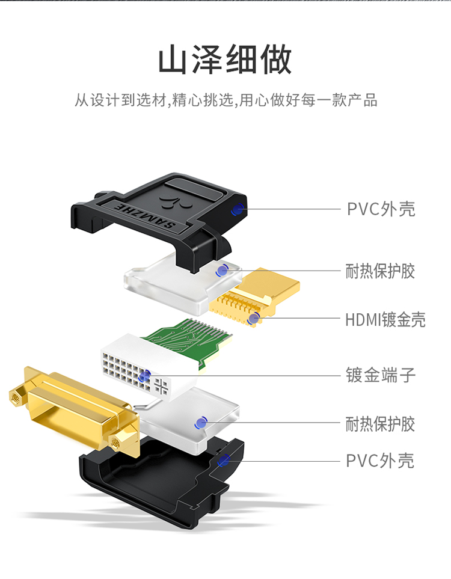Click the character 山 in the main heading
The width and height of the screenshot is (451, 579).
click(x=173, y=60)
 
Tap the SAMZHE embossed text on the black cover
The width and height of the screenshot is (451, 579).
click(x=145, y=216)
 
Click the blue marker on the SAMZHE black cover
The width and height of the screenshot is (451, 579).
click(x=237, y=210)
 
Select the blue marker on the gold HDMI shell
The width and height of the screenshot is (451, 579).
click(x=254, y=318)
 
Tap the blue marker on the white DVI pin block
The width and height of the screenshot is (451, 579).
click(x=144, y=376)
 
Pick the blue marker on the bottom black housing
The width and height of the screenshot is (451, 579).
click(x=224, y=461)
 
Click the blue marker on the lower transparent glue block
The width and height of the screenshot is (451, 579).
click(x=201, y=423)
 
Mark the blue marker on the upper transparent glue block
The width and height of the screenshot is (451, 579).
click(x=222, y=271)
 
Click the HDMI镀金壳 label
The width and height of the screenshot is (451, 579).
click(x=385, y=320)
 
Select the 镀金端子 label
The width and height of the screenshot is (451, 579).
click(x=381, y=375)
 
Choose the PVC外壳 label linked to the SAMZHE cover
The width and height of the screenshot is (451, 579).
click(x=381, y=209)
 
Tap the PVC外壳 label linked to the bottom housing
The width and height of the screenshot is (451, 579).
click(x=380, y=461)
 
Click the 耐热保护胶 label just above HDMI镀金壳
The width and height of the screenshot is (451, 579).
click(x=380, y=271)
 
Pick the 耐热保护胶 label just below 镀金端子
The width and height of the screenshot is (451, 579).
click(x=380, y=424)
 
